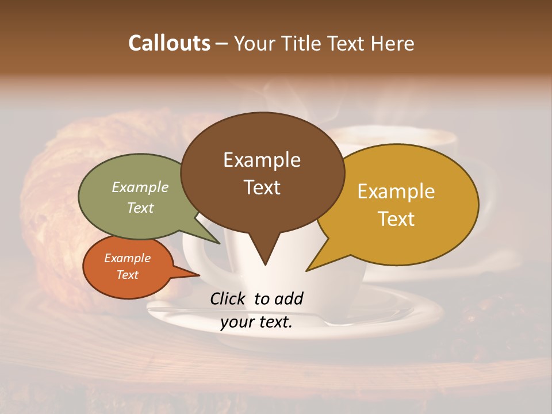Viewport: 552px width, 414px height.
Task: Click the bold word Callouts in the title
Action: click(169, 43)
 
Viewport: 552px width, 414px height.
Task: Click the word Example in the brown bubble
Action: click(262, 160)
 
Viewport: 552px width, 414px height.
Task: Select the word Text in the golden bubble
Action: click(396, 219)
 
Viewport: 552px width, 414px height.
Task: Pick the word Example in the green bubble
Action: click(140, 187)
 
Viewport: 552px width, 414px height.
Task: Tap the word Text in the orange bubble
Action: click(127, 275)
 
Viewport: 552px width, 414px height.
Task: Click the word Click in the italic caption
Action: click(228, 298)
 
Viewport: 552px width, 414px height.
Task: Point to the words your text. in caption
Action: click(256, 323)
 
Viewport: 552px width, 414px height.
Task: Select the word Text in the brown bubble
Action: click(262, 187)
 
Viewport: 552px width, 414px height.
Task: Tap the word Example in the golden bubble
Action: click(396, 191)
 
